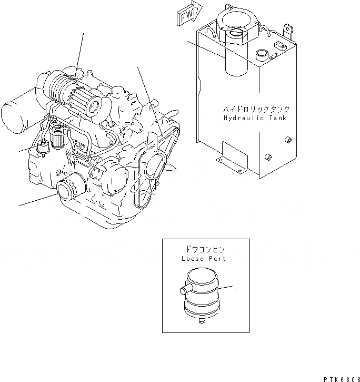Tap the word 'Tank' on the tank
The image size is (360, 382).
pyautogui.click(x=277, y=119)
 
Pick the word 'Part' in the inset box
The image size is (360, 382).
pyautogui.click(x=217, y=259)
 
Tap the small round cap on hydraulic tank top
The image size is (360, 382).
pyautogui.click(x=260, y=55)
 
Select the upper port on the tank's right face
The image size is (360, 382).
pyautogui.click(x=288, y=139)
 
